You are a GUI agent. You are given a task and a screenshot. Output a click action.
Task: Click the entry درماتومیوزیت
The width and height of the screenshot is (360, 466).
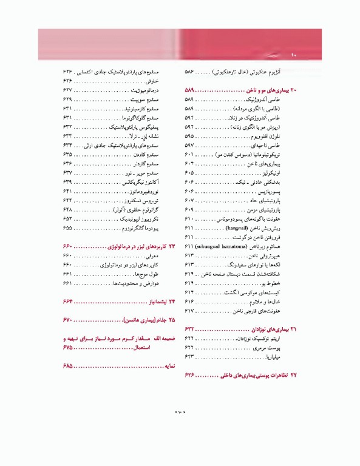143,89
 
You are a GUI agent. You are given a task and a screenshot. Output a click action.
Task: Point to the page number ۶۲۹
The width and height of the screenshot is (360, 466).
67,98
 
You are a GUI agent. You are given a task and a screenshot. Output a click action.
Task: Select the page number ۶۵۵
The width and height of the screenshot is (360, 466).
67,228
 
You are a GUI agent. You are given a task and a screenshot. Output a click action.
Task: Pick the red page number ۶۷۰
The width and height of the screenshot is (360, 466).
67,319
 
